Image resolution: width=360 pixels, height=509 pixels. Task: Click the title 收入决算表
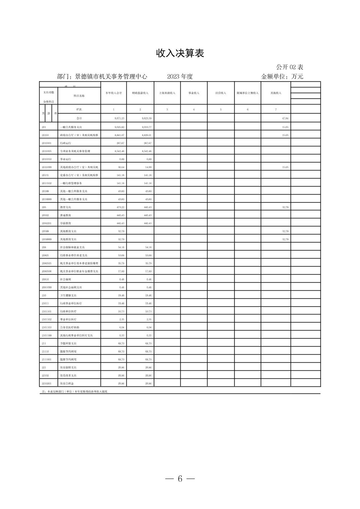[x=180, y=53]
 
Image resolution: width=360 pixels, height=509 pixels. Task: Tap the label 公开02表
[x=290, y=67]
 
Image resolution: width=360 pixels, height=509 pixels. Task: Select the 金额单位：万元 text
[x=282, y=76]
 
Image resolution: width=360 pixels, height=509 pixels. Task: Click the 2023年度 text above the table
[x=180, y=76]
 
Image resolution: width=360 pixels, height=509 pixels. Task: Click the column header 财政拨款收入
[x=140, y=93]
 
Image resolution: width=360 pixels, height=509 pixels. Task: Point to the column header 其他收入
[x=276, y=93]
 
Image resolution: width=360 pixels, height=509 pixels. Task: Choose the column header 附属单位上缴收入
[x=247, y=93]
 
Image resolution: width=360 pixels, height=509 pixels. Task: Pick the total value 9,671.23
[x=119, y=119]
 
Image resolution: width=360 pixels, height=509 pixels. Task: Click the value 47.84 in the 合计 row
[x=285, y=119]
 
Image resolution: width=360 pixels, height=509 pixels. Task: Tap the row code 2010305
[x=47, y=151]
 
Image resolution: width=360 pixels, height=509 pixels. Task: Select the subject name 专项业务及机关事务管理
[x=75, y=151]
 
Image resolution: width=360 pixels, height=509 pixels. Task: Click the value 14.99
[x=148, y=167]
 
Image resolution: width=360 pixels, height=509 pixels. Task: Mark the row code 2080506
[x=47, y=271]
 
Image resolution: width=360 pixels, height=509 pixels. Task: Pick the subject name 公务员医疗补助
[x=70, y=328]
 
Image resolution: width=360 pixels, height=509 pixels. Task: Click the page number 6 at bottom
[x=180, y=479]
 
